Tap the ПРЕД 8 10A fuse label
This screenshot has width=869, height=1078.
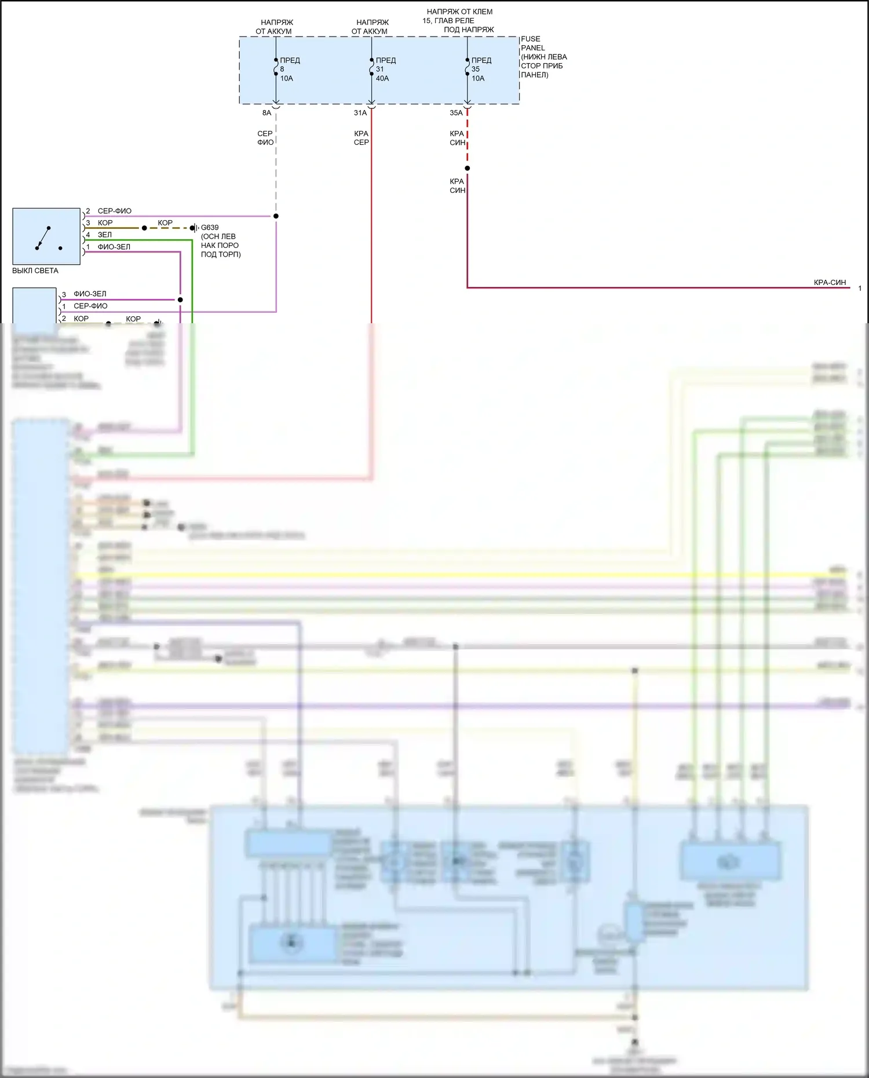[x=289, y=69]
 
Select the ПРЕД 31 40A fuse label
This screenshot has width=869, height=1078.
[x=385, y=69]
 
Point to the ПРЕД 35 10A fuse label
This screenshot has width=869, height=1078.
[x=481, y=69]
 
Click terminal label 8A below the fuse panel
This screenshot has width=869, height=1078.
[x=266, y=113]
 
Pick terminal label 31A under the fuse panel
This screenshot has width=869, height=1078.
[x=360, y=113]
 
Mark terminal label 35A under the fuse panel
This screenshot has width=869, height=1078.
[x=457, y=113]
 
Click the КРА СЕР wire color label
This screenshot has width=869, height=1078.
[x=362, y=138]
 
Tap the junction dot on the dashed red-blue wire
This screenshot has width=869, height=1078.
[x=468, y=169]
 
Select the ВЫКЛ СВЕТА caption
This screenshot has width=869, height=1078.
[x=35, y=271]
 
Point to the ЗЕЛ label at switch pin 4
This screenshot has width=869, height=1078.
[x=105, y=235]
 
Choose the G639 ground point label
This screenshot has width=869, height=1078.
[x=210, y=228]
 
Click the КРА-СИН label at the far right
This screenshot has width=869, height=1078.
[x=830, y=283]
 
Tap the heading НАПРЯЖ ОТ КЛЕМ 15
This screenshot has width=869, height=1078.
[x=459, y=16]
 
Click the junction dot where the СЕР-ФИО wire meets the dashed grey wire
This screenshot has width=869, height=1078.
[x=276, y=216]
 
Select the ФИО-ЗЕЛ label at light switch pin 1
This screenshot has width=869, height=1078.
[x=114, y=247]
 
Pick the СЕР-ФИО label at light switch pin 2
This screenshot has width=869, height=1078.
[x=115, y=211]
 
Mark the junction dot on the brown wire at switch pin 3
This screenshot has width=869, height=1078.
[x=144, y=228]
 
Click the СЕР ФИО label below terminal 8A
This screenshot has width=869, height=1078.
[x=265, y=138]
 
